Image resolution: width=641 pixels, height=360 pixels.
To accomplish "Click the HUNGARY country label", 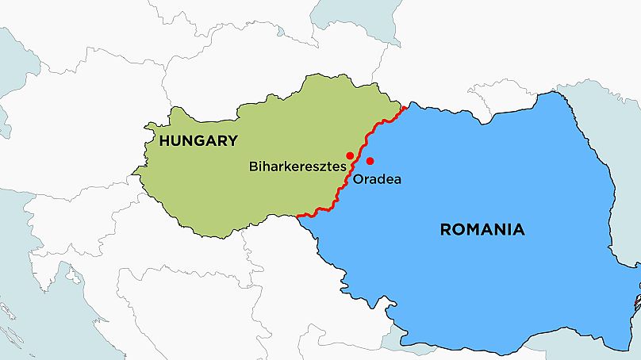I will click(198, 141).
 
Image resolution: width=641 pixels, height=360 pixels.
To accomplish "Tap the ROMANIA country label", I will click(482, 230).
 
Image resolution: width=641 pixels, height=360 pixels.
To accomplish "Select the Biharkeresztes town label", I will click(297, 167).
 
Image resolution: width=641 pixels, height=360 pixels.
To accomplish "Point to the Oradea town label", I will click(377, 180).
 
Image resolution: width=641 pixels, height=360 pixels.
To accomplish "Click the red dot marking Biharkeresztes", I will click(350, 155).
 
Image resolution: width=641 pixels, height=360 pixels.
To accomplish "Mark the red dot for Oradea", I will click(370, 162).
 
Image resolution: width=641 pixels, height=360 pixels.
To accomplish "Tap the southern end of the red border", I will click(297, 216).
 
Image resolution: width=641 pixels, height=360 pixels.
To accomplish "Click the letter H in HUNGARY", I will click(164, 141).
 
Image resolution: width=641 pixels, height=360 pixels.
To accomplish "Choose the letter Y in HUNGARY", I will click(232, 141).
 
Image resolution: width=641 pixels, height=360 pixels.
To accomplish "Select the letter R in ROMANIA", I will click(445, 230).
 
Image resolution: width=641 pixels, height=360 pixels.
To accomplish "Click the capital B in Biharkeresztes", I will click(253, 167).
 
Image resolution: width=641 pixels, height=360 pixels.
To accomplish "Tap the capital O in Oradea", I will click(358, 180).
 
